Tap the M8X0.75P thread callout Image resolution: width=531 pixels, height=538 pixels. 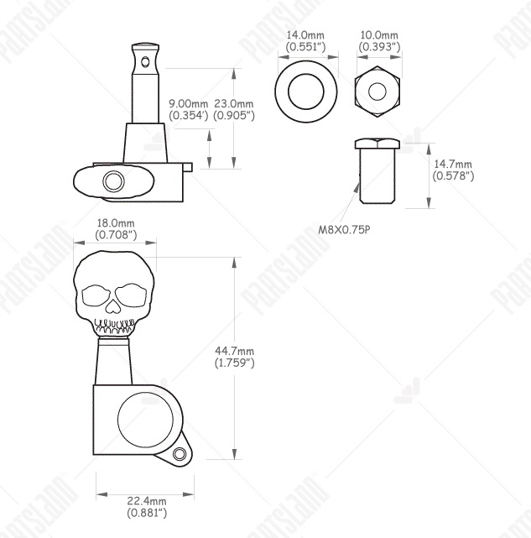pyautogui.click(x=345, y=229)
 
